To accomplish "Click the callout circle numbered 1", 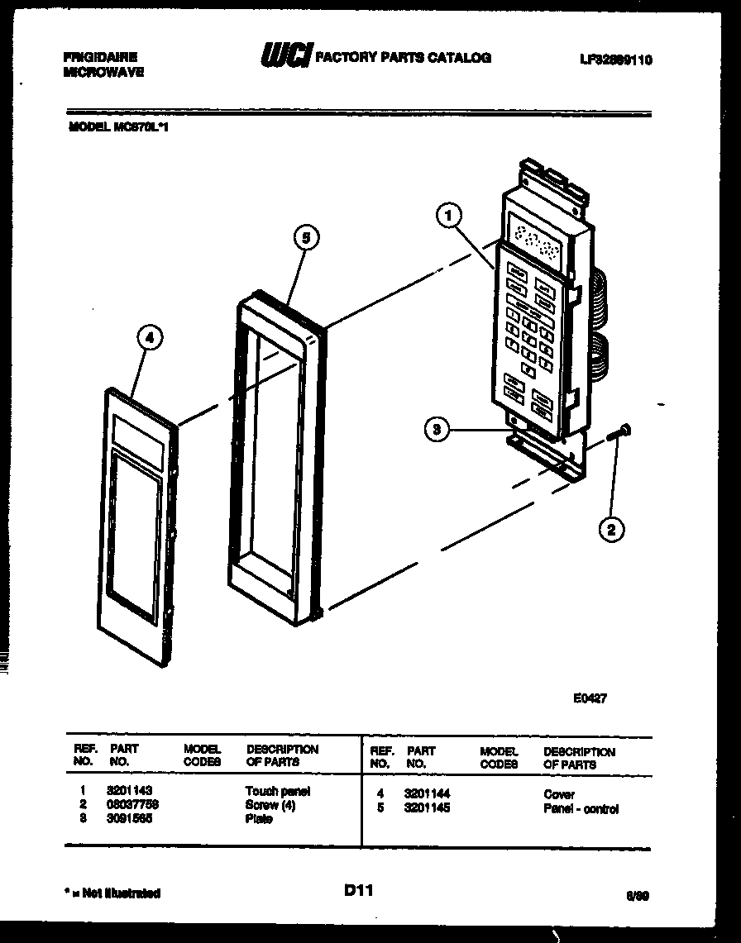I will pos(447,217).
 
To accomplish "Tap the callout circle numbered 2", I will pos(611,530).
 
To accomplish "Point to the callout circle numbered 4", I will pos(149,337).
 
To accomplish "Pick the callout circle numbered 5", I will pos(305,238).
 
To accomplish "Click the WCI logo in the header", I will pos(286,56).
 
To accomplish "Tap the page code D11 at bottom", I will pos(359,890).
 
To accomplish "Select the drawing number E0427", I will pos(590,698).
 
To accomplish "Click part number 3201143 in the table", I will pos(129,791).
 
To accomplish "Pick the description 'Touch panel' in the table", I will pos(277,791).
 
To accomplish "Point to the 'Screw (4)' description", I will pos(270,805).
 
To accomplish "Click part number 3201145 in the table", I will pos(427,808).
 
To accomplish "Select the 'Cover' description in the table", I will pos(559,794).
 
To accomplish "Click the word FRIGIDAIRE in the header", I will pos(100,57).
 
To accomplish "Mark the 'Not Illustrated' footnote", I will pos(112,893).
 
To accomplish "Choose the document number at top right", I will pos(616,60).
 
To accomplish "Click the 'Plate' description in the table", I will pos(259,819).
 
